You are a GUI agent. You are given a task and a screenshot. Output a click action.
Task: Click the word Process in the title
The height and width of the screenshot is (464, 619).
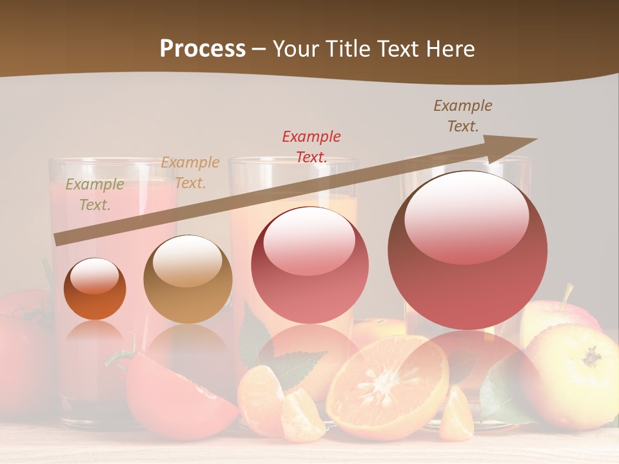[202, 48]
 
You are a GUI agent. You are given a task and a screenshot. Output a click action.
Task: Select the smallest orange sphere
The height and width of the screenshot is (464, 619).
[95, 289]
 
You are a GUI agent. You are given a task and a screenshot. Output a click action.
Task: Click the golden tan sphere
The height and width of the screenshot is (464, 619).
[188, 279]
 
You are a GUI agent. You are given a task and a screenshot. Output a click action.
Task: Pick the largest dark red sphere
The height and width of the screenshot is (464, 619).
[467, 250]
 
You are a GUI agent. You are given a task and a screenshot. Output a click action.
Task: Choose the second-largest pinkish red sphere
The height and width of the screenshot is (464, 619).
[310, 265]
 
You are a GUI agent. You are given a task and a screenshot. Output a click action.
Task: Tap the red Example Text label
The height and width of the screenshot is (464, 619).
[311, 146]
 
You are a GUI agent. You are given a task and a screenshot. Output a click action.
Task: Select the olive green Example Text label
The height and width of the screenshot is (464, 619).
[95, 195]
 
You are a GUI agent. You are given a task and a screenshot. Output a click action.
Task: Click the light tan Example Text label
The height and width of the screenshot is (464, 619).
[190, 172]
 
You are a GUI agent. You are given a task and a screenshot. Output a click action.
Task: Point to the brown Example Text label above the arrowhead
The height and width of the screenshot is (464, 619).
[463, 115]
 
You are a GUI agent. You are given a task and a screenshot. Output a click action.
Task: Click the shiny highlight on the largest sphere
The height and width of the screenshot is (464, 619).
[466, 215]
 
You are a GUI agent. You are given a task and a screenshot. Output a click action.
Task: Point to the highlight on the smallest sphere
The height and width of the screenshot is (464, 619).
[94, 276]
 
